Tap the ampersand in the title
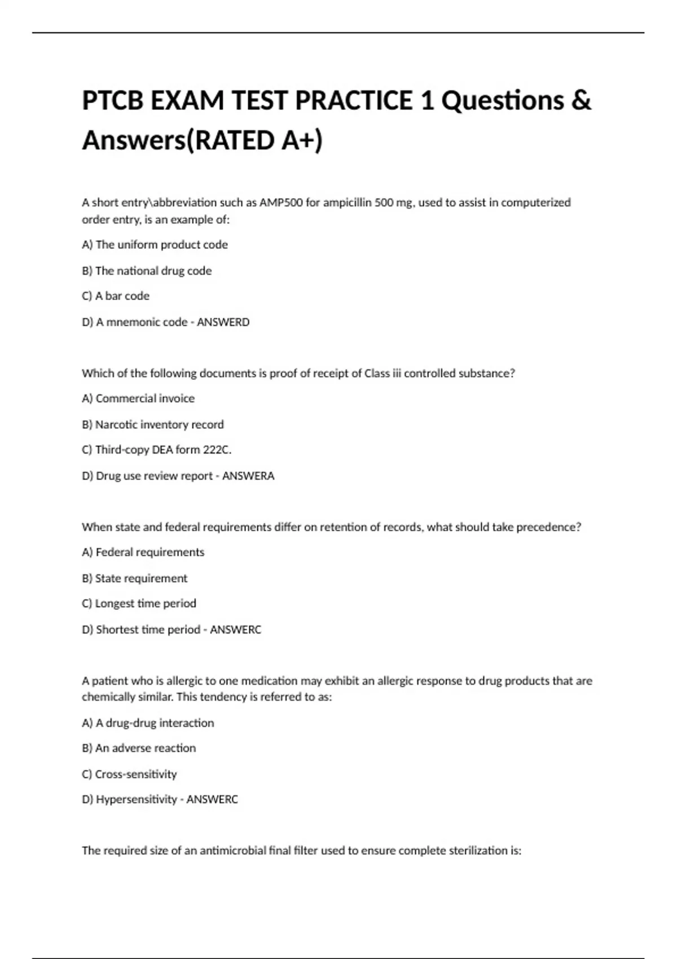[x=582, y=101]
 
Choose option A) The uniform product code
[x=155, y=245]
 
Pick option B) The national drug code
[x=147, y=271]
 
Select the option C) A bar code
[x=116, y=296]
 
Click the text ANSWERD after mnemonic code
[x=223, y=322]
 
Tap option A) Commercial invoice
[x=138, y=399]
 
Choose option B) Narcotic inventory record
[x=152, y=425]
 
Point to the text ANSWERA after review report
[x=248, y=476]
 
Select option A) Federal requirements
[x=143, y=552]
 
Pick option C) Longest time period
[x=139, y=604]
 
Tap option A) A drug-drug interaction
[x=148, y=723]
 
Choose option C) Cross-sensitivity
[x=129, y=775]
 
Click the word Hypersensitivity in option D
[x=137, y=799]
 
